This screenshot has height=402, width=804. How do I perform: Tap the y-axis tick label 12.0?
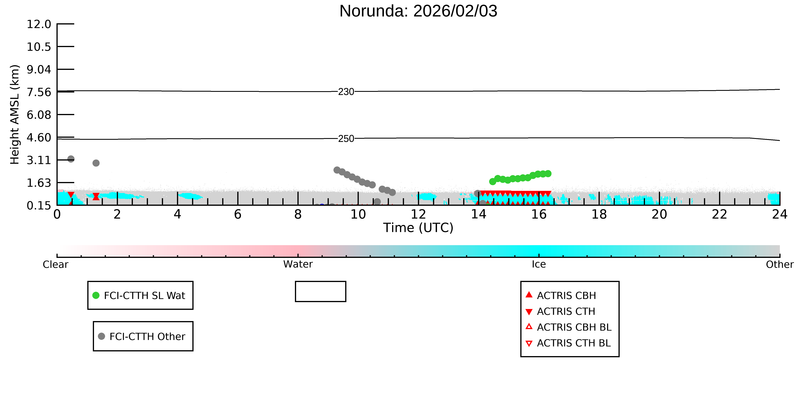tap(39, 24)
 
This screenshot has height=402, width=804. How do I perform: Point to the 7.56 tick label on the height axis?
tap(39, 92)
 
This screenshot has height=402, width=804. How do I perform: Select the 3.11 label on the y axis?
tap(39, 160)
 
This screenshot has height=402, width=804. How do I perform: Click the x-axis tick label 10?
tap(358, 214)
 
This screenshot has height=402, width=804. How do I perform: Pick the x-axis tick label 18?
tap(599, 214)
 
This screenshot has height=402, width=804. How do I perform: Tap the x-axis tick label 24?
tap(780, 214)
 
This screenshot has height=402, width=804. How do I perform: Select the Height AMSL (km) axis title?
tap(15, 115)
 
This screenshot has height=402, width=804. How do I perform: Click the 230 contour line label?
tap(346, 92)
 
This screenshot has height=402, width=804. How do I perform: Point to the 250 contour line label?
tap(346, 139)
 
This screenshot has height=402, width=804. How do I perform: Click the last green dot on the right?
tap(548, 174)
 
